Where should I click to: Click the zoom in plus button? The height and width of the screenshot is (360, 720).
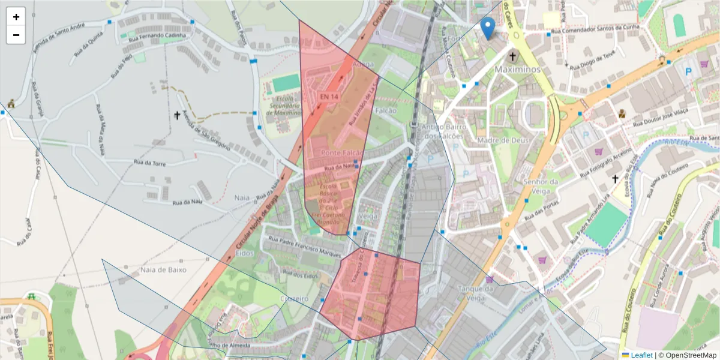pos(16,17)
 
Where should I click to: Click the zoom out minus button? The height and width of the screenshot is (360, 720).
pos(16,35)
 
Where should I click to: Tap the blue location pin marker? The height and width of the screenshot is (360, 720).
pos(488,28)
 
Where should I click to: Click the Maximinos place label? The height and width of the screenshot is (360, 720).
pos(517,70)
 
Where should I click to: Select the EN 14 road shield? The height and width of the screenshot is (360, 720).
pos(329,97)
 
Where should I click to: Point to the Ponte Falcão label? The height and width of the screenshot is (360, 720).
pos(343,153)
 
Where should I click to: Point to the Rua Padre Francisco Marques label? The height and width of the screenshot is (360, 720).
pos(306,243)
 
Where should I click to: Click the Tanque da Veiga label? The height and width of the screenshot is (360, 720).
pos(475,293)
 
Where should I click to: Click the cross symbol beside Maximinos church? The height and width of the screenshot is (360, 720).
pos(512,57)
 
